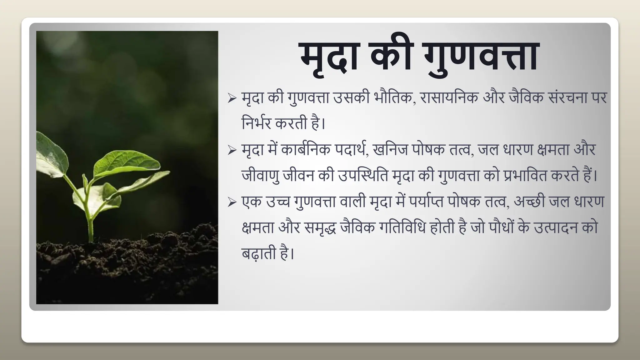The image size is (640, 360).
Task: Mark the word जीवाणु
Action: click(x=260, y=176)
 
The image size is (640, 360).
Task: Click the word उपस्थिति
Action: click(x=362, y=176)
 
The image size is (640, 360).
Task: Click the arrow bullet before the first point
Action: click(x=232, y=99)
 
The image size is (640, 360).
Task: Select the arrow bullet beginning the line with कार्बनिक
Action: click(x=232, y=151)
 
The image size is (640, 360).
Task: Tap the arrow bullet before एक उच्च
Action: click(x=232, y=202)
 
